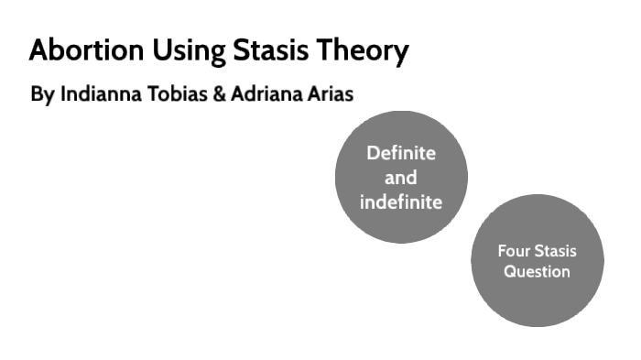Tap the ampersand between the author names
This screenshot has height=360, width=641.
[x=219, y=95]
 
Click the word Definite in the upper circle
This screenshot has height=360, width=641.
[x=401, y=153]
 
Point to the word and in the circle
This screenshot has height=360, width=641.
[x=401, y=178]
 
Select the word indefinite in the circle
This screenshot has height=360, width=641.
[x=401, y=202]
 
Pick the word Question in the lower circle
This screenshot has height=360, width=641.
[x=537, y=272]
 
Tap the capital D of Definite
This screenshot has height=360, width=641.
[x=373, y=153]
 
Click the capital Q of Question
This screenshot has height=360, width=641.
[x=510, y=272]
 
